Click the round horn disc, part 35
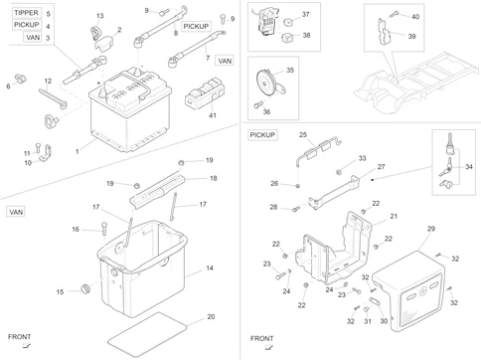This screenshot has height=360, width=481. pos(264,80)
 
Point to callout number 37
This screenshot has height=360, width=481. pos(305,15)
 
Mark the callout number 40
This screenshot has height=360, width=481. pos(415,17)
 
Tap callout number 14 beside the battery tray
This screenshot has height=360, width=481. pos(210,269)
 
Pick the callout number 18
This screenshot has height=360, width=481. pos(212,178)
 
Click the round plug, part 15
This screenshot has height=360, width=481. pos(84,289)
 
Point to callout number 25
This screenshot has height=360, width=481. pos(303,135)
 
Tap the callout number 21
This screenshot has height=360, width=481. pos(393,216)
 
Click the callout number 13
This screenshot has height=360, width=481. pos(99,16)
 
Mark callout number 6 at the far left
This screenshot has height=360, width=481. pos(8,87)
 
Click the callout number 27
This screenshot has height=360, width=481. pos(380,167)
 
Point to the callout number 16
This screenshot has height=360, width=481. pos(75,229)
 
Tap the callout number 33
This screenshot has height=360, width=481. pos(362,158)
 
